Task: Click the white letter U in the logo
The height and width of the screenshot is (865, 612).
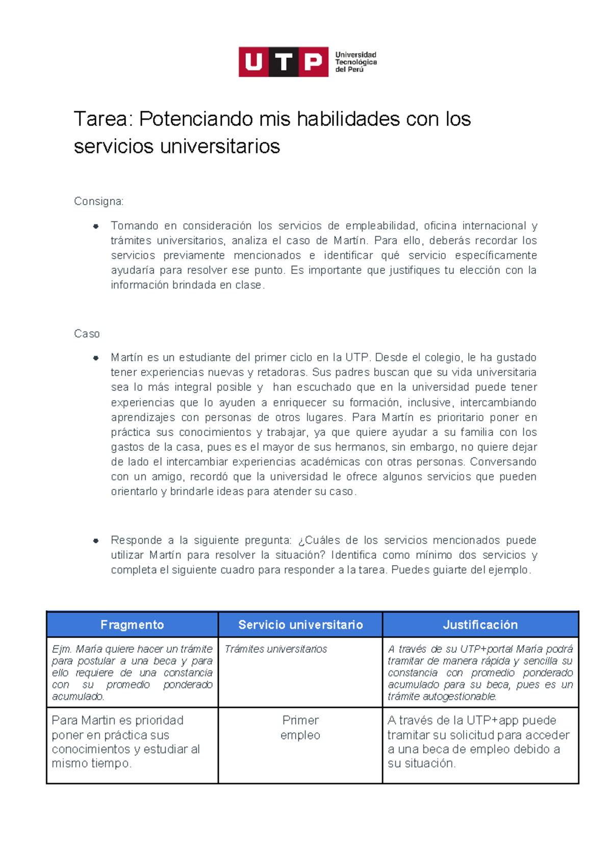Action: pos(253,62)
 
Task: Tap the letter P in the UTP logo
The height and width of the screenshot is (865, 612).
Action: pos(313,62)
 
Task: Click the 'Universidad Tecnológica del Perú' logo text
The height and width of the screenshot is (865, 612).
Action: pos(355,62)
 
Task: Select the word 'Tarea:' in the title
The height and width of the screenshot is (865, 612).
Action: pos(104,119)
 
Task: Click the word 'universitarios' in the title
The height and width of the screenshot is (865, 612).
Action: pos(220,146)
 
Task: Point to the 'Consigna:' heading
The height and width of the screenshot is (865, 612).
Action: pos(98,201)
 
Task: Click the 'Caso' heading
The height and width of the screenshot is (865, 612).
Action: pos(87,334)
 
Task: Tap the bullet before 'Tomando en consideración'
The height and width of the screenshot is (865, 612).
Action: pos(95,226)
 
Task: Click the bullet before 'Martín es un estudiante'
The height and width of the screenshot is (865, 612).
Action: pos(95,358)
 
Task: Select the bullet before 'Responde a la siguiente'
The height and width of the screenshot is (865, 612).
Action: pos(95,541)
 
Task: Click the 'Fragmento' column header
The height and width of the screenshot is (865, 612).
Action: pos(132,625)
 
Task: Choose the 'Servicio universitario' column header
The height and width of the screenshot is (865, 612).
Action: pos(300,625)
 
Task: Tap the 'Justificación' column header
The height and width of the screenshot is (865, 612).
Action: pos(480,625)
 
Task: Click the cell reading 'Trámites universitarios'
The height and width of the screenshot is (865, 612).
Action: pos(276,649)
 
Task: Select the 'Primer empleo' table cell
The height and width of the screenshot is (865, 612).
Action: pos(300,727)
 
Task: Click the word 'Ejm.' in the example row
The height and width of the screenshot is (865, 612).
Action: pos(62,649)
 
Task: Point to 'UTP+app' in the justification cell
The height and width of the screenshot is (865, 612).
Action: pos(493,720)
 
